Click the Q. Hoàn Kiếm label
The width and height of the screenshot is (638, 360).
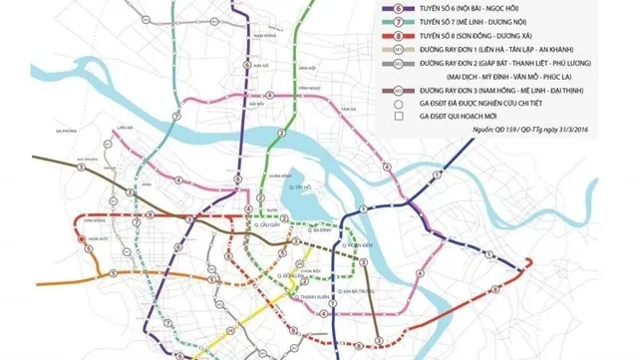tap(356, 242)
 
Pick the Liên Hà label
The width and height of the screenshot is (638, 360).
tap(125, 128)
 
